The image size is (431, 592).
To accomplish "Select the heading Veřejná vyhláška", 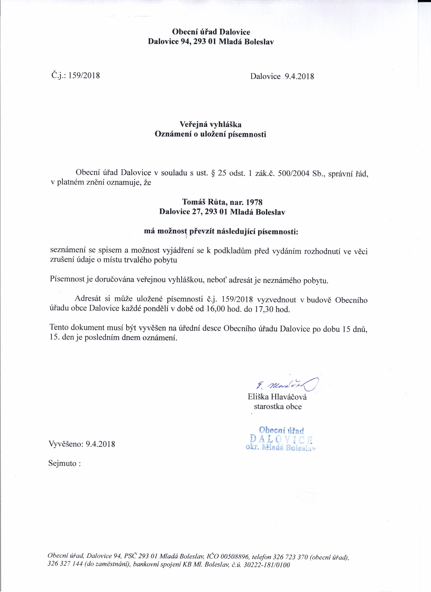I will tap(210, 124).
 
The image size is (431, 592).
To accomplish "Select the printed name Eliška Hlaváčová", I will tap(277, 397).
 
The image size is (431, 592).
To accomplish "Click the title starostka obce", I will tap(278, 407).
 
